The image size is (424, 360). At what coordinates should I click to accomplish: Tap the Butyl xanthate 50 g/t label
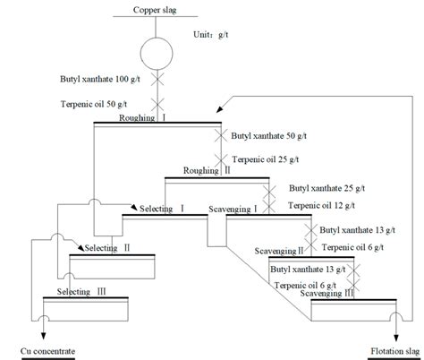click(x=267, y=135)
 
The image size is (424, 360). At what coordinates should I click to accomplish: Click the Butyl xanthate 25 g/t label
click(x=326, y=190)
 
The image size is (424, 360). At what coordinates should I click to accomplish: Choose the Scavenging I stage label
click(x=233, y=208)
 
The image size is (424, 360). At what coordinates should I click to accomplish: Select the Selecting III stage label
click(x=81, y=292)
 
